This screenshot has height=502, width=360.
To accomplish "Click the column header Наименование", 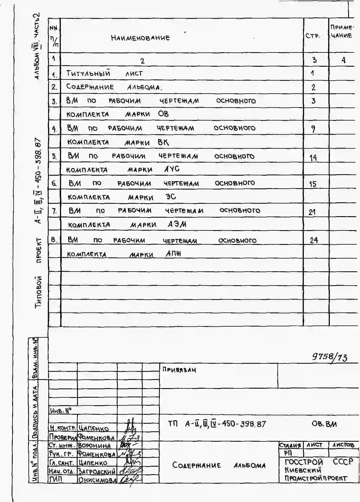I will [140, 38].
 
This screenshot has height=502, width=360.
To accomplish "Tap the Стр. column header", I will [313, 36].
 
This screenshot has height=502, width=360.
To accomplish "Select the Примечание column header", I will [341, 32].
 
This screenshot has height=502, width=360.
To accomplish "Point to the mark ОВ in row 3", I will [163, 114].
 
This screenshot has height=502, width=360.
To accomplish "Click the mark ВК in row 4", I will [163, 142].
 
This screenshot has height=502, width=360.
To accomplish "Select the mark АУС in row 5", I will [172, 169].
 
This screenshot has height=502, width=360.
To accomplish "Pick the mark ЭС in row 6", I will [171, 197].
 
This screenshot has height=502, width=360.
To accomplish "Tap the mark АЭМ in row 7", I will [177, 224].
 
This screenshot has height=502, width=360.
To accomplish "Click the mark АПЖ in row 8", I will [173, 254].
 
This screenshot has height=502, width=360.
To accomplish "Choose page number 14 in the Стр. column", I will [313, 158].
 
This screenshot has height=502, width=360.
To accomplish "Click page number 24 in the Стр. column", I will [314, 240].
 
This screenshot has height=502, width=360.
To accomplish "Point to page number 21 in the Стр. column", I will [312, 212].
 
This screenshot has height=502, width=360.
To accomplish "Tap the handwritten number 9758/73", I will [330, 357].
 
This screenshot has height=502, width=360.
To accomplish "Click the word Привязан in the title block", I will [179, 370].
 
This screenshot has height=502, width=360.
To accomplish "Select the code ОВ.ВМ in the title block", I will [324, 424].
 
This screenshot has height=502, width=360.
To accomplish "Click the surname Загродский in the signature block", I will [97, 472].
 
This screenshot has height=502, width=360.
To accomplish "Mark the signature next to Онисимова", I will [129, 480].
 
